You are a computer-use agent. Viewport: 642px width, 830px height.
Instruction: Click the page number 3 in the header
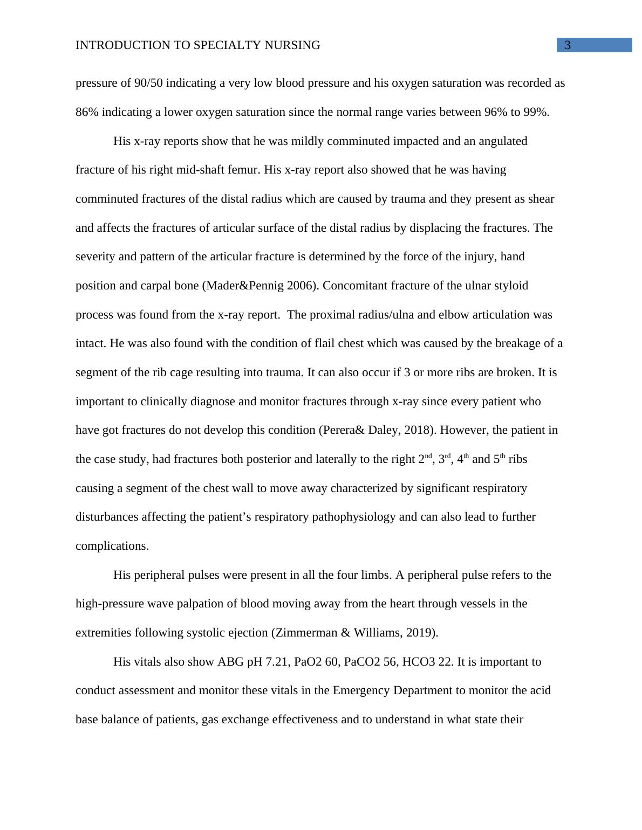point(568,45)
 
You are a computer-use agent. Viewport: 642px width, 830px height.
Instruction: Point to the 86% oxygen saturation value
point(87,112)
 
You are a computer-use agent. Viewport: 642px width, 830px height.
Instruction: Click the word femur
point(245,170)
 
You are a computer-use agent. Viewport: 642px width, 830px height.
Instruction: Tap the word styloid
point(510,286)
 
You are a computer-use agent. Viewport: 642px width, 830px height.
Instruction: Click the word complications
point(112,546)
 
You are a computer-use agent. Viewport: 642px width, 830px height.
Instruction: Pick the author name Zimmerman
point(306,633)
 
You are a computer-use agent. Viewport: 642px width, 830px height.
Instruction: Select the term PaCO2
point(363,662)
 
